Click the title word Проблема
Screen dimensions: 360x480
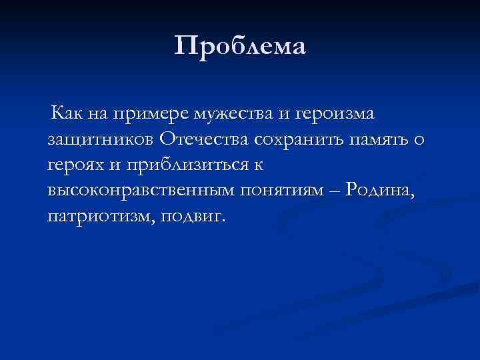pyautogui.click(x=240, y=47)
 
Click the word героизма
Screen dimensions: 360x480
pyautogui.click(x=335, y=115)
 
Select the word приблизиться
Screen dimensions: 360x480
pyautogui.click(x=187, y=167)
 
